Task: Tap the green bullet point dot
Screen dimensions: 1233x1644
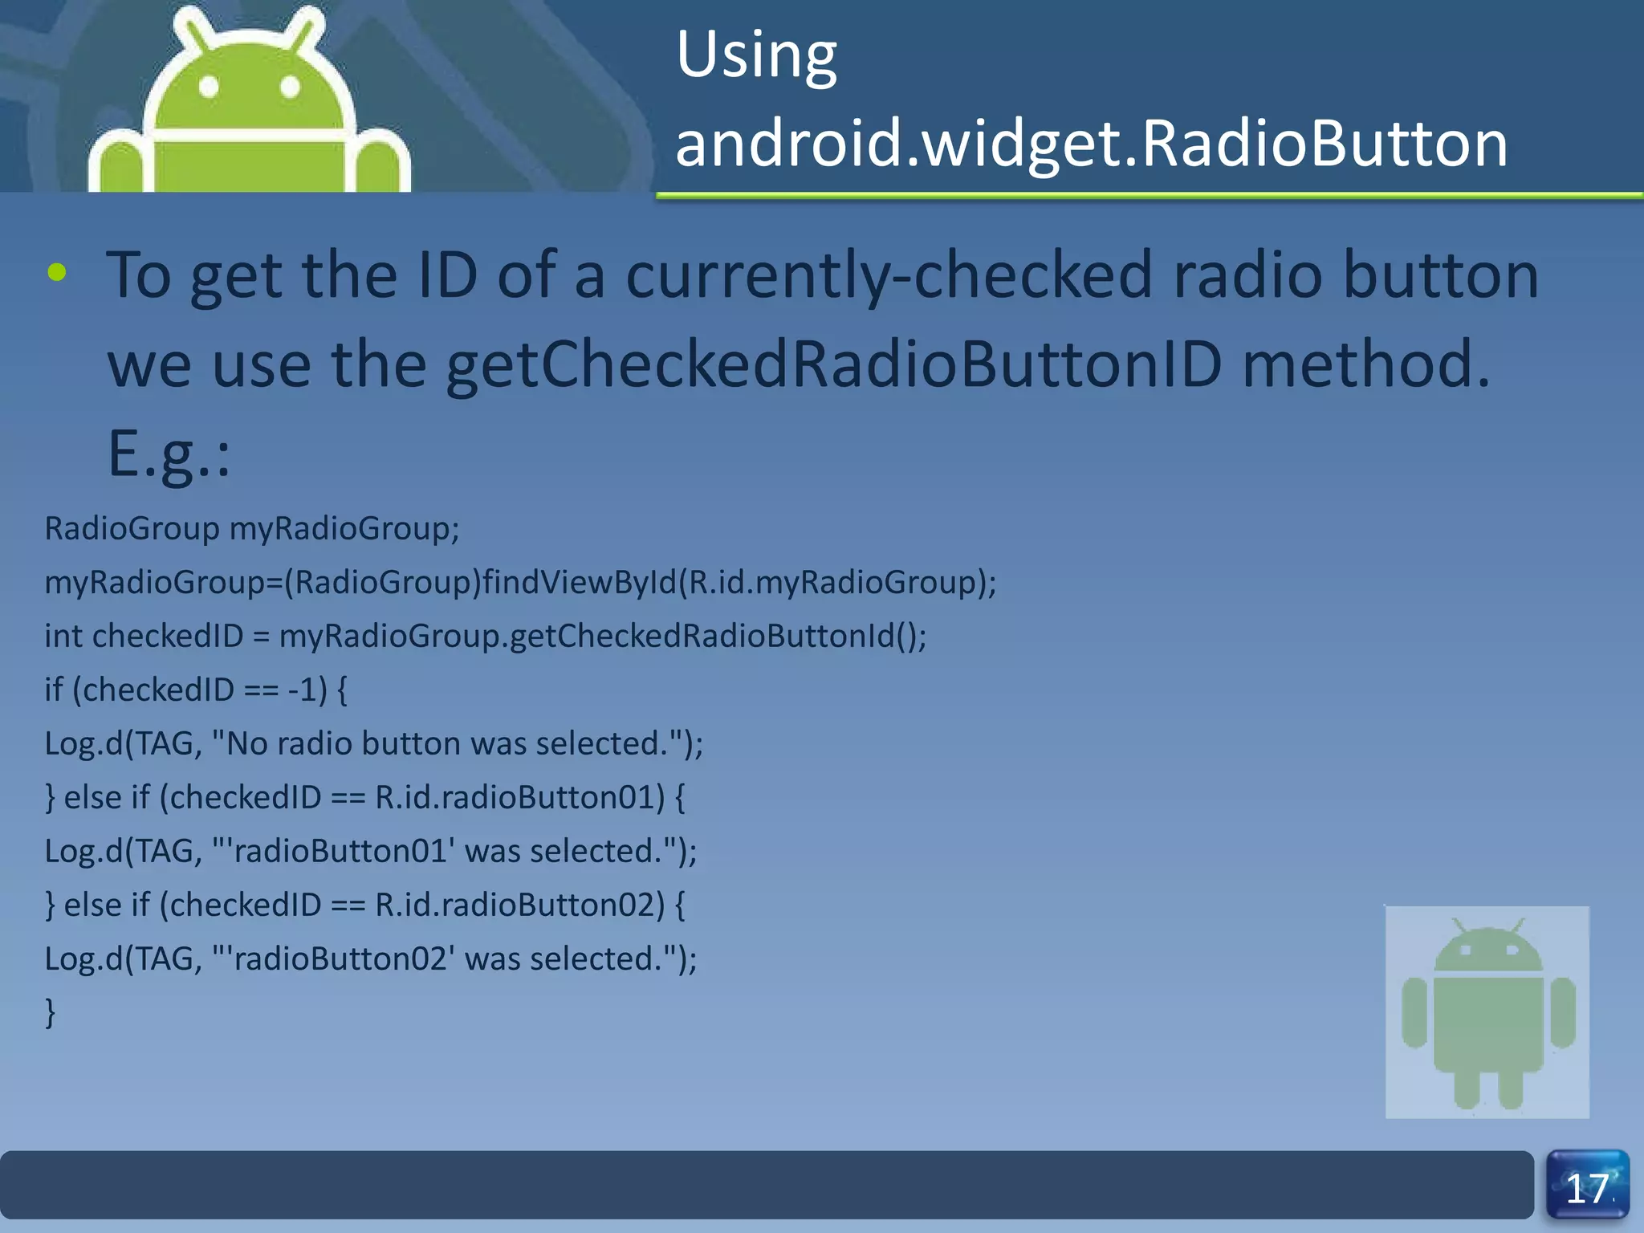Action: tap(56, 273)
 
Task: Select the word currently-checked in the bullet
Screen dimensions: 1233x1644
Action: tap(888, 276)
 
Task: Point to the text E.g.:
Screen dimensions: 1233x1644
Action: tap(169, 454)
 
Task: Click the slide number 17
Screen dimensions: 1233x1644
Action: tap(1587, 1188)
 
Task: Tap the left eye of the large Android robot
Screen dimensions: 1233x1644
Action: tap(209, 86)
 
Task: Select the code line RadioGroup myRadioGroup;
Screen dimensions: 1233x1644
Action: tap(252, 529)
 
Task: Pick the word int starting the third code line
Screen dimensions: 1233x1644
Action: tap(63, 637)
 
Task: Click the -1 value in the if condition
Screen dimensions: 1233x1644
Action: tap(307, 690)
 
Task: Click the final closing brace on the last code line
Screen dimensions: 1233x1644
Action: tap(51, 1012)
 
